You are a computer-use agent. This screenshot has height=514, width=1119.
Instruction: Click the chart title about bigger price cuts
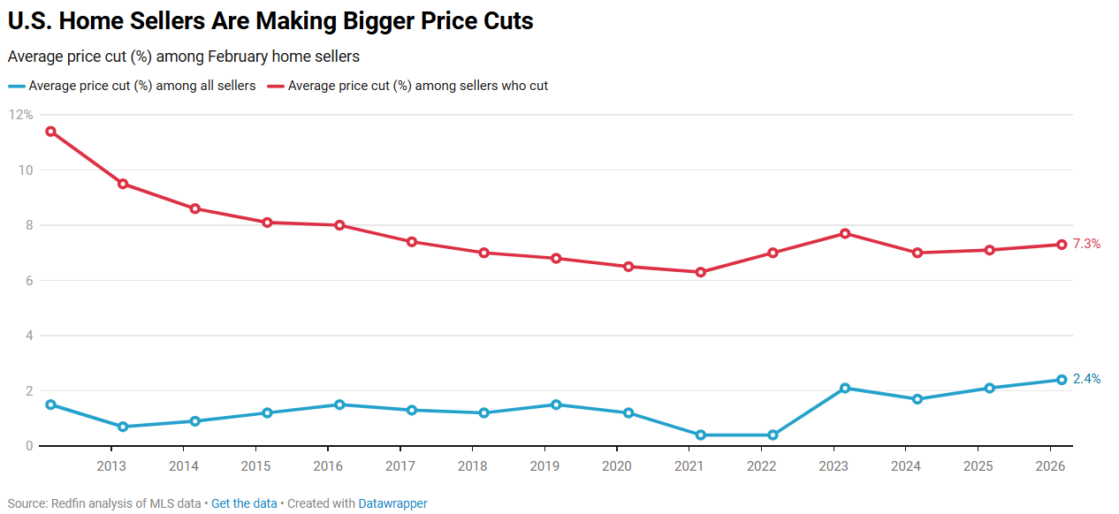click(x=270, y=21)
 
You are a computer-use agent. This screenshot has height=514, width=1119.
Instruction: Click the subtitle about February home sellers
click(x=184, y=57)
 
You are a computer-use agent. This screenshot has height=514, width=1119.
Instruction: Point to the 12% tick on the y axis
click(x=20, y=115)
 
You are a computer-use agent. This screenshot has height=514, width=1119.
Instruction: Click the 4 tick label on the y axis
click(x=28, y=336)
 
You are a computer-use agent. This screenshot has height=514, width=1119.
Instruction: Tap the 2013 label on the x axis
click(x=111, y=466)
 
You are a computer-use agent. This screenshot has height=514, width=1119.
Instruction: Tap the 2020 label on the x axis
click(x=616, y=466)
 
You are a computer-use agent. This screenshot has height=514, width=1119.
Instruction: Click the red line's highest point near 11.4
click(x=50, y=132)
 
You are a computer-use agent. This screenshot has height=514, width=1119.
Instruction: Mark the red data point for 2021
click(x=701, y=272)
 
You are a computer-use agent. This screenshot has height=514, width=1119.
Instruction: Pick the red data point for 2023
click(x=845, y=233)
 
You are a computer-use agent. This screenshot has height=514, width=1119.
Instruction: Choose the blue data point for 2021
click(x=701, y=435)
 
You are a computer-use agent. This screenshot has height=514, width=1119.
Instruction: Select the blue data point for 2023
click(x=845, y=388)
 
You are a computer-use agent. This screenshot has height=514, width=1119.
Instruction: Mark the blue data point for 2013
click(x=123, y=427)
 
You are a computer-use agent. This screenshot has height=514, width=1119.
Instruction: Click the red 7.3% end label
click(x=1086, y=244)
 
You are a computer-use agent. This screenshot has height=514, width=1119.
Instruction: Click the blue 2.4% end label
click(x=1086, y=379)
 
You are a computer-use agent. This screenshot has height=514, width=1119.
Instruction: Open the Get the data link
click(x=244, y=503)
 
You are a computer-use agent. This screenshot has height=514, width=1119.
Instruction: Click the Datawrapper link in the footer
click(x=392, y=503)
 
